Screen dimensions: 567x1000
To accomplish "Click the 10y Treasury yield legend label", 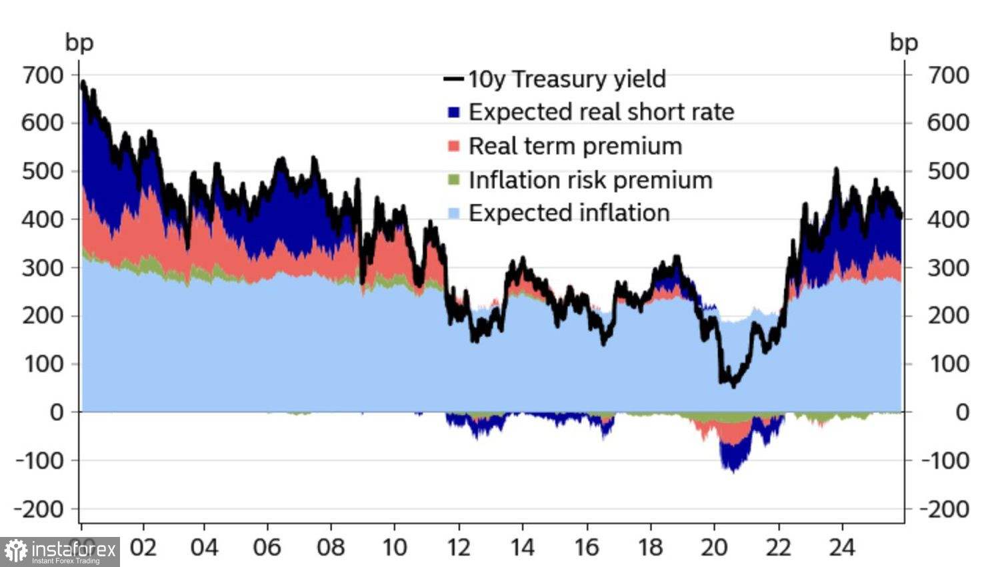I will (x=567, y=79).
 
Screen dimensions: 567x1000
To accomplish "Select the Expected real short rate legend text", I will (x=601, y=112).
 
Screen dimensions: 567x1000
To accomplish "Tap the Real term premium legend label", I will (x=575, y=146).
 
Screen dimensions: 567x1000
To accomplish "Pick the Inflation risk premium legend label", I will (x=590, y=180).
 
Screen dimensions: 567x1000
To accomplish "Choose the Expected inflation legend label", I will (x=569, y=213).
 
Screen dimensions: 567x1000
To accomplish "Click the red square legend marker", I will (x=454, y=146).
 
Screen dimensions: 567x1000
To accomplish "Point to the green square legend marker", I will (x=454, y=180).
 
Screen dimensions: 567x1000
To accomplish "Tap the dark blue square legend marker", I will (x=454, y=112).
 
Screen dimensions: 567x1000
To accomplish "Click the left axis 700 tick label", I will (x=43, y=75).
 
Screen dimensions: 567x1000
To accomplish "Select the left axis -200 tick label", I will (x=39, y=510).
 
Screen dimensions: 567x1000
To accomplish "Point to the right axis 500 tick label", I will (x=948, y=171).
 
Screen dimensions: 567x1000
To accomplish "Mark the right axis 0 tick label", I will (x=961, y=412).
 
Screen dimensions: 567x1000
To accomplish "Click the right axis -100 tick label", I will (x=945, y=461).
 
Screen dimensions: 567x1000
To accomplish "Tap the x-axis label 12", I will (x=459, y=548).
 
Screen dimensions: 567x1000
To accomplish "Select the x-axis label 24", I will (x=842, y=548).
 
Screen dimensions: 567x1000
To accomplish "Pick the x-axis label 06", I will (x=267, y=548).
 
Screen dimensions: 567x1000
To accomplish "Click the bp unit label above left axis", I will (x=79, y=43).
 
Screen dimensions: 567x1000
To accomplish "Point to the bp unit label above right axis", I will (x=904, y=43).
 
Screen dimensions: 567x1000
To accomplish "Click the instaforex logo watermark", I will (x=60, y=552).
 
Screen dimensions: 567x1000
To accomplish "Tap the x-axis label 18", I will (x=650, y=548).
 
